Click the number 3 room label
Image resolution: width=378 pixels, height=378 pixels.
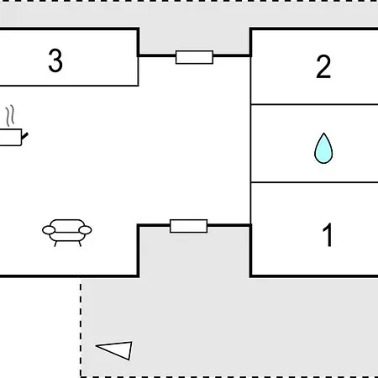click(x=55, y=60)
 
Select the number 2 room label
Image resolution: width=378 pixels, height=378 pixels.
click(x=323, y=66)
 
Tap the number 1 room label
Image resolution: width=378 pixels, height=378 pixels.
click(x=328, y=234)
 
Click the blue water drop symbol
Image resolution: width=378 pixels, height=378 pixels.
click(x=323, y=148)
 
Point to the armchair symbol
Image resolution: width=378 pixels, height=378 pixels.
click(x=67, y=233)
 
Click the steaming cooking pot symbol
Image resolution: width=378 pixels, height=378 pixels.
click(x=13, y=126)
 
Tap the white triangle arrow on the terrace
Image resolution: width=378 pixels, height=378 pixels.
click(x=114, y=350)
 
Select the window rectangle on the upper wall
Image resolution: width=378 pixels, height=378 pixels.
click(x=194, y=57)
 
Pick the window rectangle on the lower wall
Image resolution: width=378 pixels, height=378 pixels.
click(x=189, y=226)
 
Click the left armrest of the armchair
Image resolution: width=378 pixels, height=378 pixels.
click(x=49, y=230)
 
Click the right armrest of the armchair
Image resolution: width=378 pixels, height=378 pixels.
click(x=85, y=230)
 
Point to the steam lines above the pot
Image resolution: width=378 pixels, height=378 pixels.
click(x=10, y=115)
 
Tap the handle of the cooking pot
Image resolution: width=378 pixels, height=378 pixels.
click(x=25, y=136)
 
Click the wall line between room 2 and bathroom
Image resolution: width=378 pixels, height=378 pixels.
click(x=314, y=104)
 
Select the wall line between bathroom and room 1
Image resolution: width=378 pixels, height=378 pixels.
click(x=314, y=182)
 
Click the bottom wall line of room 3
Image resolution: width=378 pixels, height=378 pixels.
click(x=69, y=86)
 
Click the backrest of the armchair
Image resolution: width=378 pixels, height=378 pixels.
click(x=67, y=224)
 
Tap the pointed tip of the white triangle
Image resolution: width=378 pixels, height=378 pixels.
click(x=96, y=346)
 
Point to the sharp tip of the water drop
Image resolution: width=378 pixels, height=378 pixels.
click(x=323, y=133)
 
